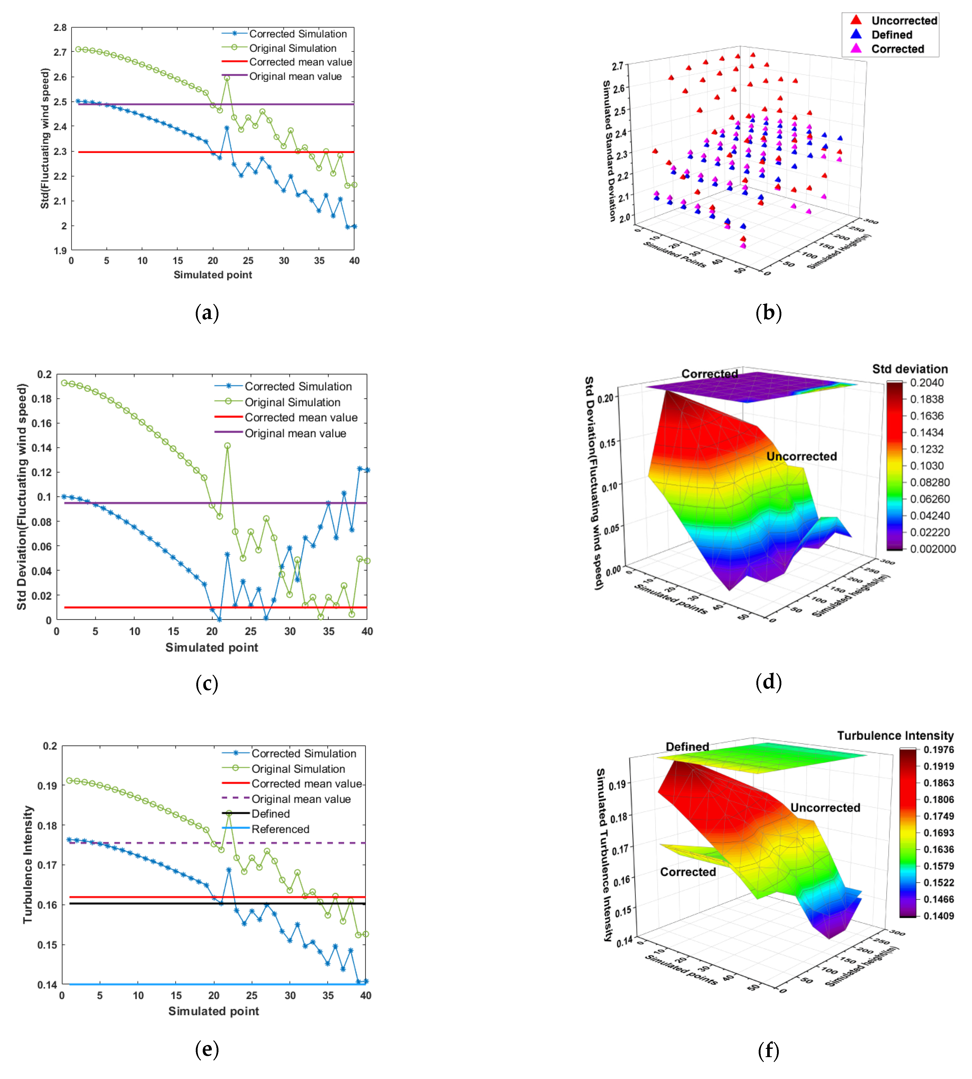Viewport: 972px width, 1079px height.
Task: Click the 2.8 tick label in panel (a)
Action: pos(60,28)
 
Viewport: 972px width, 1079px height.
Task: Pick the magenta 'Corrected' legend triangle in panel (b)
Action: pos(856,49)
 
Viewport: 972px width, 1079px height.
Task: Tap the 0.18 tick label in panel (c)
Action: pos(42,399)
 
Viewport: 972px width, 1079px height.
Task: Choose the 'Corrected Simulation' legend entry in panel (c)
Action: pos(298,386)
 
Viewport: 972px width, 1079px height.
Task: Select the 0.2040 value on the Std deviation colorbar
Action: pos(927,382)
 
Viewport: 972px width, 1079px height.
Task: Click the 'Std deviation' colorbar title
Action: pos(909,369)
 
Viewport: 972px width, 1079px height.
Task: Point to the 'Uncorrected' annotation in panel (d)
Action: pos(801,456)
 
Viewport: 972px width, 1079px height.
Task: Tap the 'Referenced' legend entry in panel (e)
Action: pos(280,829)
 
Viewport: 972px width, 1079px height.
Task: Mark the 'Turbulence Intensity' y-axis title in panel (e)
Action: pos(28,864)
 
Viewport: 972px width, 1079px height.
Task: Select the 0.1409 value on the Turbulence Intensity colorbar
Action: pos(938,916)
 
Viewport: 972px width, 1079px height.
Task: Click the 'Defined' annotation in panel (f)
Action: pos(687,746)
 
